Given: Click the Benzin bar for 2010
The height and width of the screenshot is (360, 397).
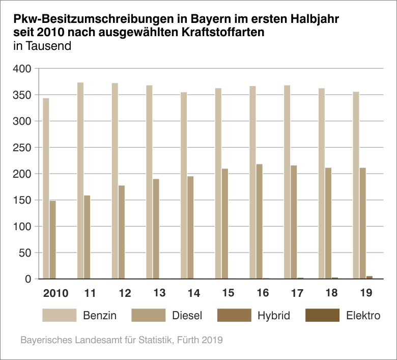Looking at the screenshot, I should [46, 188].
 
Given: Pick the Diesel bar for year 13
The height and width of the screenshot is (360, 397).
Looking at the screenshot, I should [156, 229].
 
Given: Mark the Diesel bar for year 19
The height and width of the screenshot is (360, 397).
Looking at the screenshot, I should [362, 224].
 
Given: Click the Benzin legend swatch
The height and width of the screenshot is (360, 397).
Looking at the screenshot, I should [59, 315].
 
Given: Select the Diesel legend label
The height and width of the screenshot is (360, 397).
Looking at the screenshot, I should [187, 316].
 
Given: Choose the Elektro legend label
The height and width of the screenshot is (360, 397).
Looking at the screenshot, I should [363, 316].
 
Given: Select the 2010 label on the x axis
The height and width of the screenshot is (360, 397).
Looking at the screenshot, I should [55, 293].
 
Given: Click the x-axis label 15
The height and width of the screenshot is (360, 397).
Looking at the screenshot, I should [228, 293].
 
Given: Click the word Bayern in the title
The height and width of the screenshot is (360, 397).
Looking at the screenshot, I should [210, 20].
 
